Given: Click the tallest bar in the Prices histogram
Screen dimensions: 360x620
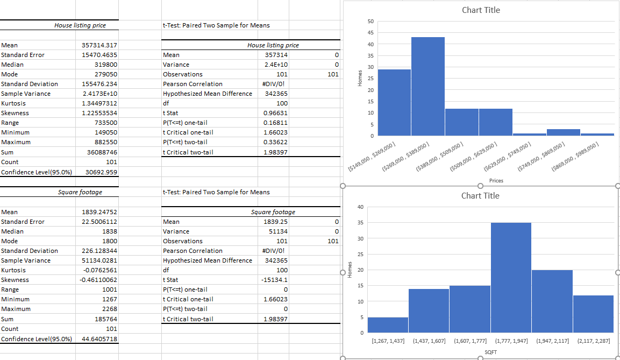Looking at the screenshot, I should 428,86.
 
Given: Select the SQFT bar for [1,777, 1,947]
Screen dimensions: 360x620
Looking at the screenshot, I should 511,277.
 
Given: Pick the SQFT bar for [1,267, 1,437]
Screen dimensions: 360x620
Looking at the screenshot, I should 388,324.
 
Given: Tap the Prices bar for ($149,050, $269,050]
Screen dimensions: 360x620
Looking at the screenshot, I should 394,102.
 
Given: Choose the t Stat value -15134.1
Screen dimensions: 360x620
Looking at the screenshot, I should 276,280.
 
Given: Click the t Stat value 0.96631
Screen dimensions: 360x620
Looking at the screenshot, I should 276,113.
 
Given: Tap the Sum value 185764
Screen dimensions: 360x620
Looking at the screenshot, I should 106,319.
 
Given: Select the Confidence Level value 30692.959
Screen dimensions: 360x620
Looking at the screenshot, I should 102,172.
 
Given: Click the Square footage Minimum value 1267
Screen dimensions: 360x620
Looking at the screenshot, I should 110,299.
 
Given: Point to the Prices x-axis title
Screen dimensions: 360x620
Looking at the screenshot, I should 496,181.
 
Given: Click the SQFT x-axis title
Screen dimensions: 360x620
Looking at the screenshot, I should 490,351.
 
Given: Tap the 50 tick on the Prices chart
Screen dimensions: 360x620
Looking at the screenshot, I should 370,21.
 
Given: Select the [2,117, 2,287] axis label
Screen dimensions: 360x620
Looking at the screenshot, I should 593,341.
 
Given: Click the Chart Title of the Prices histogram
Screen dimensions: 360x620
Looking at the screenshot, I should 481,10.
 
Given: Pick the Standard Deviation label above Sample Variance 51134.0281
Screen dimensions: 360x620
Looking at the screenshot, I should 29,251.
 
